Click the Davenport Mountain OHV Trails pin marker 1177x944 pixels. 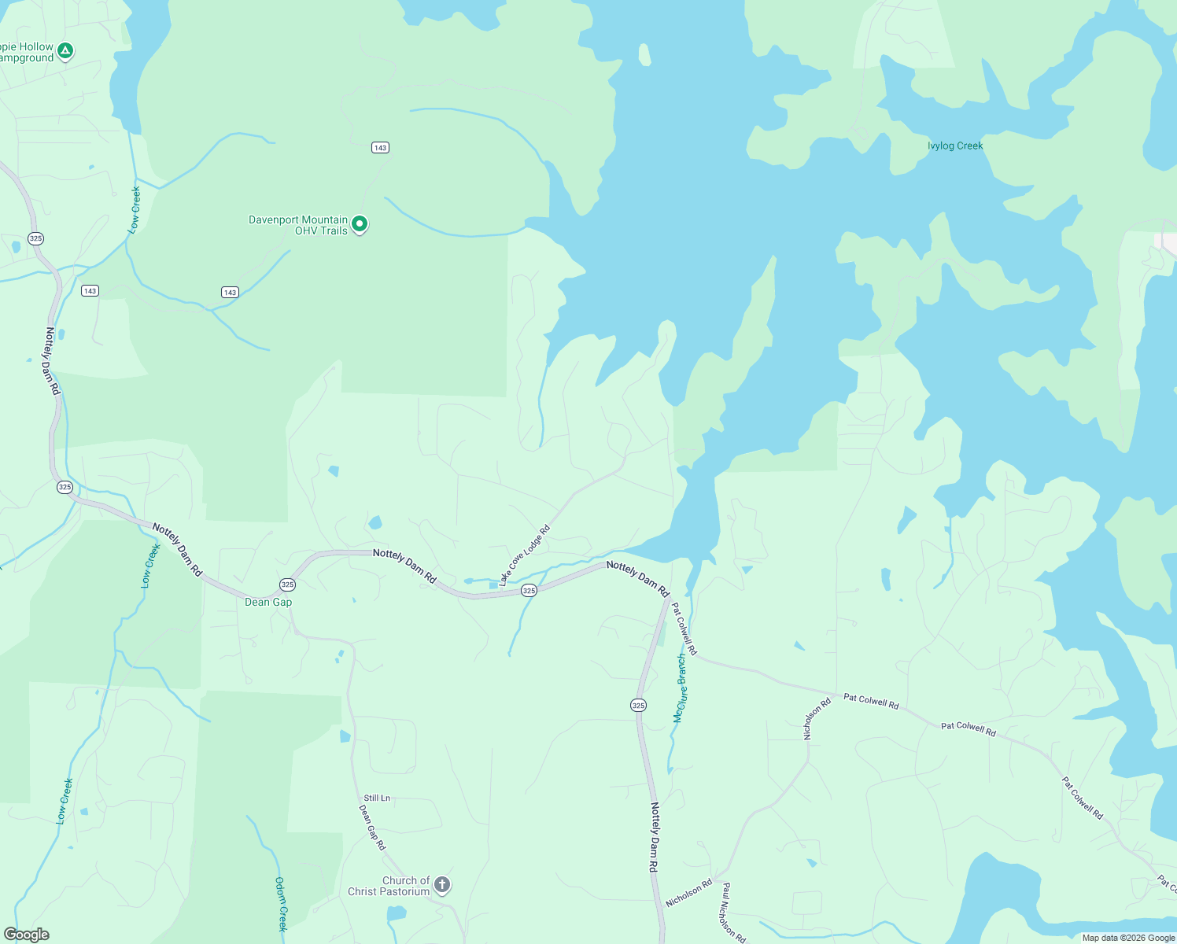(360, 224)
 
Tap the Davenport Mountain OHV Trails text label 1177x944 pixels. (298, 225)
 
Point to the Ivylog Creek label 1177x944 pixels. (955, 146)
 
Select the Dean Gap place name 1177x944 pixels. (268, 602)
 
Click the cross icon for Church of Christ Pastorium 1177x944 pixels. (442, 885)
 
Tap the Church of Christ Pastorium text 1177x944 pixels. (389, 886)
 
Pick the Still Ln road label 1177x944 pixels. (377, 798)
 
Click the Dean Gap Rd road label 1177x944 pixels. (372, 827)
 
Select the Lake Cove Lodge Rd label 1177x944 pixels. (524, 556)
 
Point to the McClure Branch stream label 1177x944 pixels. (681, 688)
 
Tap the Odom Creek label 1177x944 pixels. (281, 904)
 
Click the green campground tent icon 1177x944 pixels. (66, 51)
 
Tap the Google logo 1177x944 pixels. (27, 935)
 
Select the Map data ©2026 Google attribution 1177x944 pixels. (1128, 938)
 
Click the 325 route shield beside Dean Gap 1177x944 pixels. (288, 584)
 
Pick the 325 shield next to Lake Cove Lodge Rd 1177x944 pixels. (529, 591)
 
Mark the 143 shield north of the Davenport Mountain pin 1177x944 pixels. (381, 147)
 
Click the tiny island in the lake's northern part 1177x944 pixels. (645, 54)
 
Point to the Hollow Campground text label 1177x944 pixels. (27, 53)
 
